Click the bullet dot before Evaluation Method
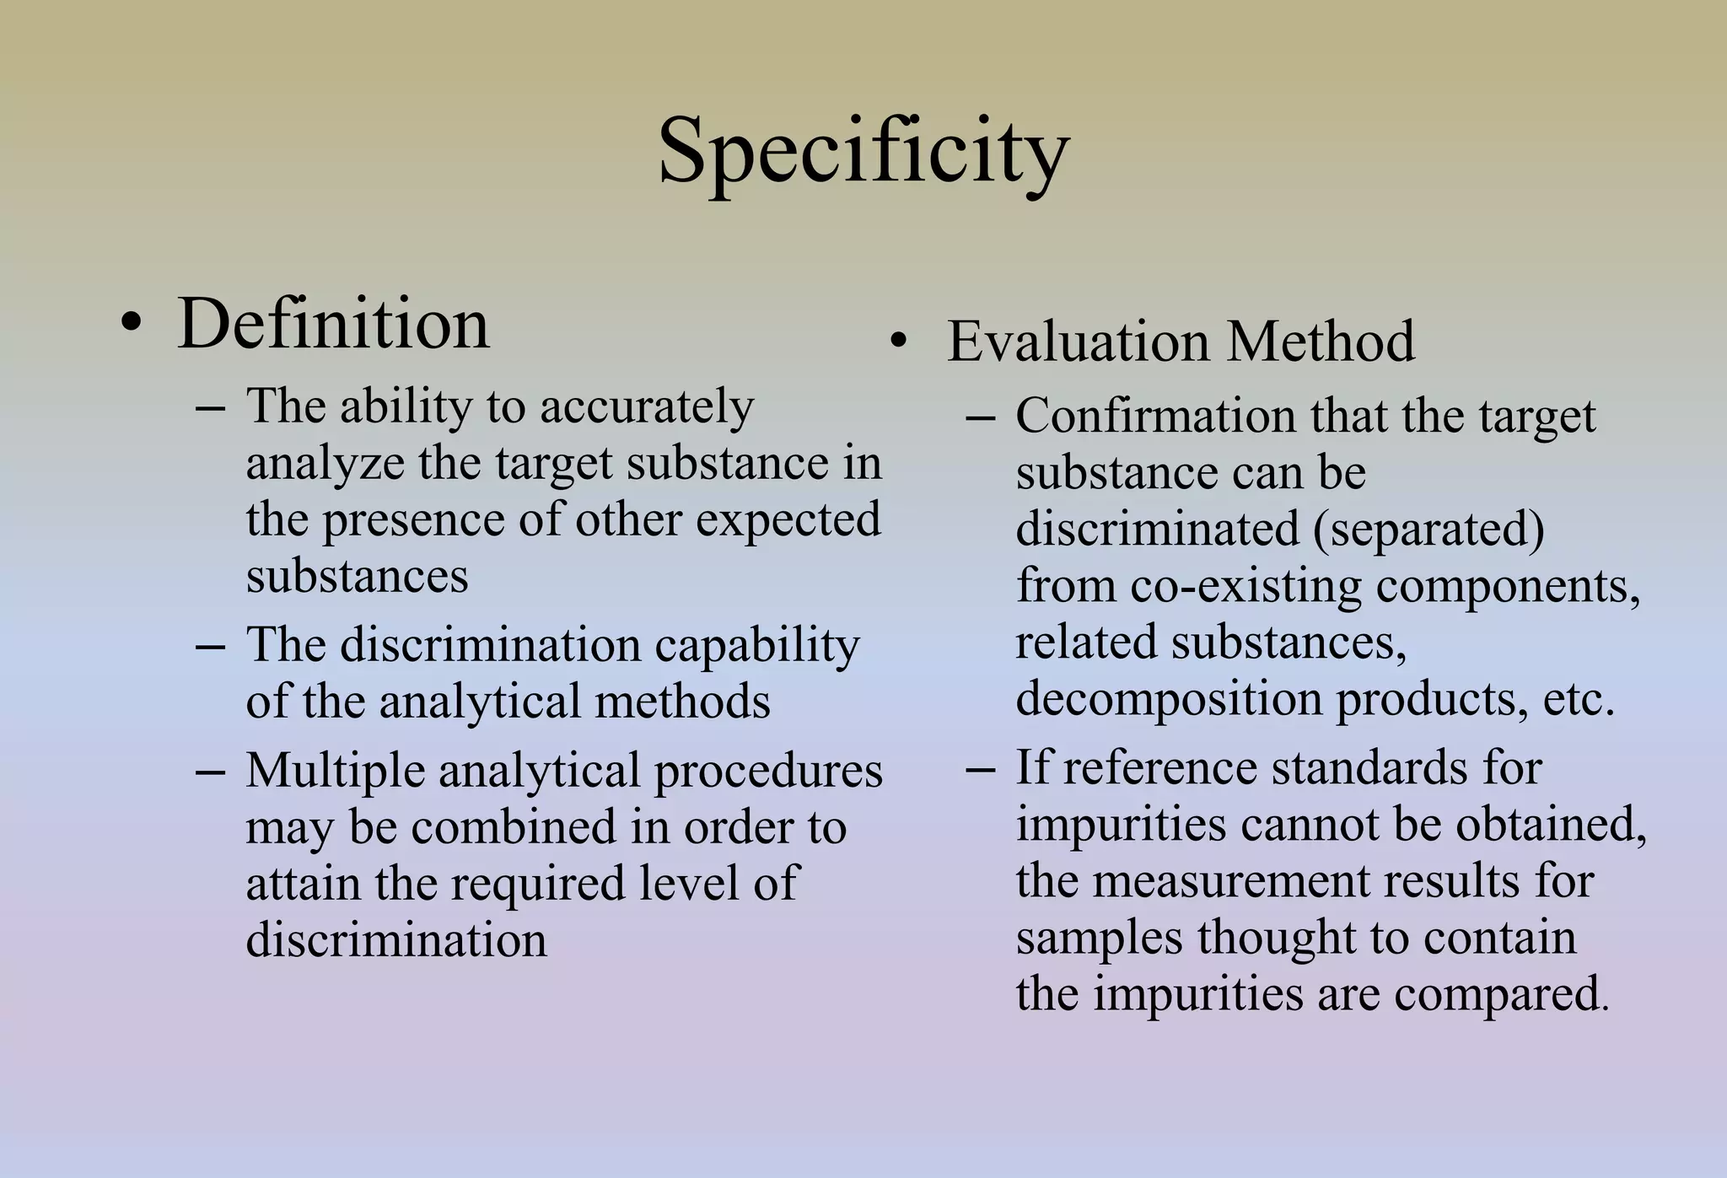(x=899, y=342)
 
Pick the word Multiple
(x=336, y=771)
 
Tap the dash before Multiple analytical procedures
(x=210, y=772)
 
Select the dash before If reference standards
(x=980, y=769)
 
